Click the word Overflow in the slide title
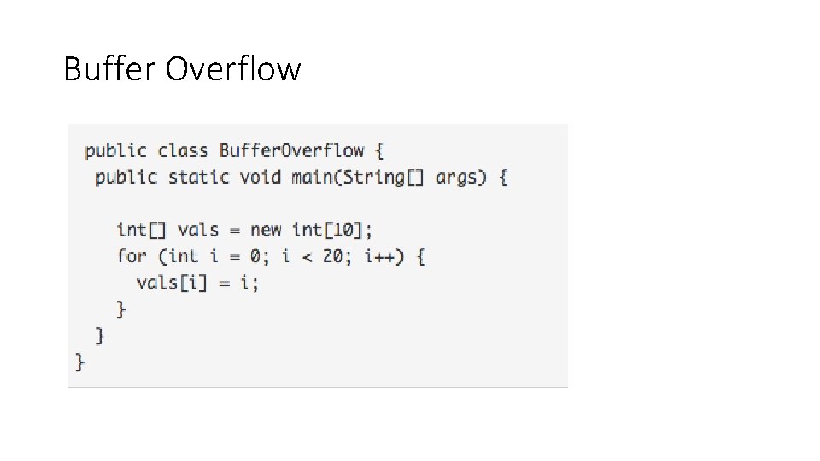(x=232, y=68)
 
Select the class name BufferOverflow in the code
(x=292, y=151)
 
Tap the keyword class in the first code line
(x=183, y=151)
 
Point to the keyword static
(x=199, y=178)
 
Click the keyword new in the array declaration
(x=266, y=230)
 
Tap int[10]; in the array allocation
(x=332, y=230)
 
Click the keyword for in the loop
(x=132, y=255)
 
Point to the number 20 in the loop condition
(x=332, y=255)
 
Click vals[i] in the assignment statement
(x=172, y=282)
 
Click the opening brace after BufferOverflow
(x=379, y=151)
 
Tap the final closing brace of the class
(x=80, y=362)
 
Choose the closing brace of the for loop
(x=121, y=308)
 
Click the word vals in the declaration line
(x=198, y=230)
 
